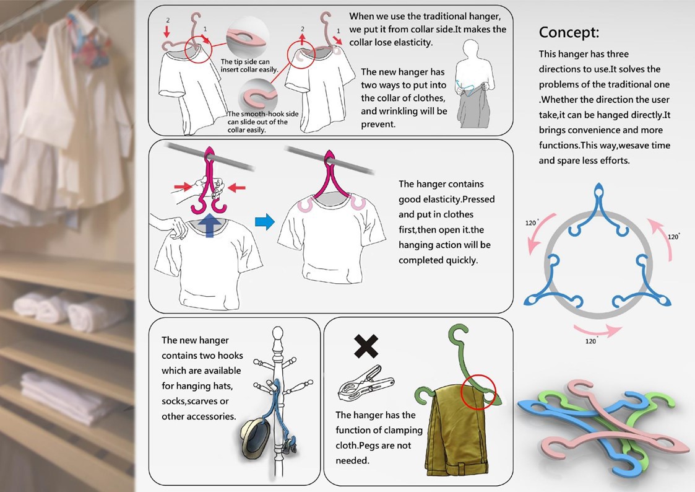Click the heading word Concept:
569,32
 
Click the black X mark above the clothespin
366,346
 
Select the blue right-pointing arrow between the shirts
265,222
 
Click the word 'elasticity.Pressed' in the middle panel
446,199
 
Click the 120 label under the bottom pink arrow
591,341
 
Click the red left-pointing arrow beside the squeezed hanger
236,188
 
